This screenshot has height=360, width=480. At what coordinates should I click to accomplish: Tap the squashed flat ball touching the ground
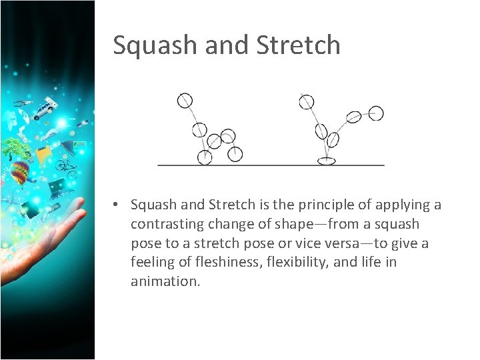pos(326,160)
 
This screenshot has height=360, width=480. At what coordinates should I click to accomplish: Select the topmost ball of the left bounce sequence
pos(185,100)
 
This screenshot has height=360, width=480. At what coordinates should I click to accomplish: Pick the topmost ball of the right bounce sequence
pos(306,101)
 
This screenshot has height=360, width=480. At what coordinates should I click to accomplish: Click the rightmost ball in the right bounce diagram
pos(376,113)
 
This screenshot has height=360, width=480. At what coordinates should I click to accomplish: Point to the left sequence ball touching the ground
pos(205,157)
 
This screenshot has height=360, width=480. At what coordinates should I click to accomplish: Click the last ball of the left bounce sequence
pos(235,154)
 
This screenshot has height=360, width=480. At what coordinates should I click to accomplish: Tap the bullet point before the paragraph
pos(116,205)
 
